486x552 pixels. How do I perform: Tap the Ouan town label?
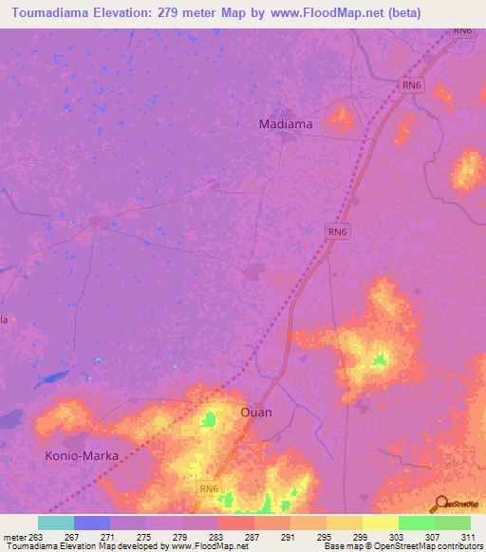255,413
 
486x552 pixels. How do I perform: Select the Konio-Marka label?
83,455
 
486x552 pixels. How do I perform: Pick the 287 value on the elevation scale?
253,537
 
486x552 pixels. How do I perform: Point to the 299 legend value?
362,537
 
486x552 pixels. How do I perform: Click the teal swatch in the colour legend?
56,523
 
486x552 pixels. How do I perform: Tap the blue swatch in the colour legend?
92,523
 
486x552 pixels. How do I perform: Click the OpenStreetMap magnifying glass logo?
439,504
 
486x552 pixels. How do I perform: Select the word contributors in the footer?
458,547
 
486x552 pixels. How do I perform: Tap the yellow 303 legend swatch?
380,523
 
